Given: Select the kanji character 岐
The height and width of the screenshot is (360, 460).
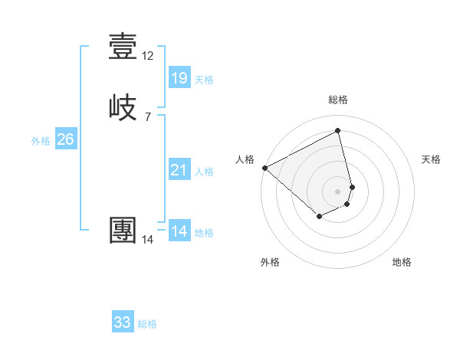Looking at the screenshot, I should pyautogui.click(x=123, y=107).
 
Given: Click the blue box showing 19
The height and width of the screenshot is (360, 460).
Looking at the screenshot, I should pyautogui.click(x=179, y=77).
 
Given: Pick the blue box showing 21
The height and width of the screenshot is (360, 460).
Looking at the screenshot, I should pyautogui.click(x=179, y=170).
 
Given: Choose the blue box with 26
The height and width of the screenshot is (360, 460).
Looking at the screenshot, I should pyautogui.click(x=65, y=139).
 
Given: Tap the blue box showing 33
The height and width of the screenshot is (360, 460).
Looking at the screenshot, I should pyautogui.click(x=123, y=322).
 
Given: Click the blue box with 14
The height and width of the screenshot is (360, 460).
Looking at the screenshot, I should pyautogui.click(x=179, y=231).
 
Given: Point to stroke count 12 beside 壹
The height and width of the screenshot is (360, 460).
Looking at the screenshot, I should pyautogui.click(x=148, y=56).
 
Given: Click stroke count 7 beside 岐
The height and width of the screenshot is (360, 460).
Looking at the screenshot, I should pyautogui.click(x=148, y=117).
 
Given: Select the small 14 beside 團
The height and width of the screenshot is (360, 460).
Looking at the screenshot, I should pyautogui.click(x=148, y=240).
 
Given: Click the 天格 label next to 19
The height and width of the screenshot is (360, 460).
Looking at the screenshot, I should pyautogui.click(x=204, y=80).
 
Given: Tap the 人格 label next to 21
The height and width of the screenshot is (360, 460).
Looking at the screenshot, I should pyautogui.click(x=204, y=172).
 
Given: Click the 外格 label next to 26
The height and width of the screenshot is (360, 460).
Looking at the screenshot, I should pyautogui.click(x=41, y=141).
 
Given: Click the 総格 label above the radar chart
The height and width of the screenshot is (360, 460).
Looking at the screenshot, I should pyautogui.click(x=338, y=100).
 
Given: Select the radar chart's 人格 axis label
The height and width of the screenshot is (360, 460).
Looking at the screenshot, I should pyautogui.click(x=245, y=159).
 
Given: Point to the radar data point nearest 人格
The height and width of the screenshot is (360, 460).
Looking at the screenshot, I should pyautogui.click(x=264, y=167).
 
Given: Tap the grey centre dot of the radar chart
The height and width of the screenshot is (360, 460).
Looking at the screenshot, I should pyautogui.click(x=338, y=191).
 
